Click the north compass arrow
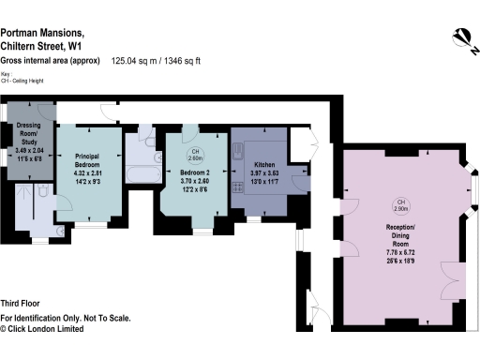click(459, 35)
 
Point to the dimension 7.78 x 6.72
click(401, 253)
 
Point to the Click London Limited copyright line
click(49, 329)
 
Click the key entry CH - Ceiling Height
click(28, 82)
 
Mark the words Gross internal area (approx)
click(51, 61)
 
